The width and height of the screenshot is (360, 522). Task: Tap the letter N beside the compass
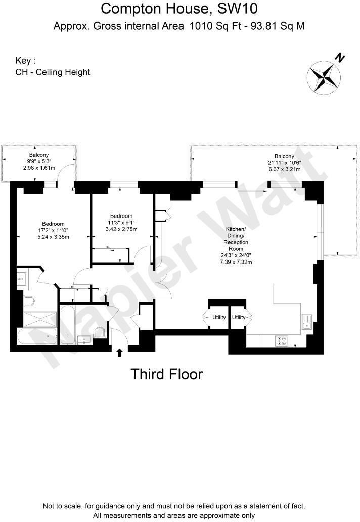point(341,58)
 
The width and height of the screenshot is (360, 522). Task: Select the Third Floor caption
point(166,374)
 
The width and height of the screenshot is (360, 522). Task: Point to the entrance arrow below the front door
point(120,353)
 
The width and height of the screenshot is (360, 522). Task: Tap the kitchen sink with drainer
point(307,321)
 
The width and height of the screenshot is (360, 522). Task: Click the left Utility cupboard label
point(219,317)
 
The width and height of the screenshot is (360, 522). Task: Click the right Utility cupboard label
point(239,317)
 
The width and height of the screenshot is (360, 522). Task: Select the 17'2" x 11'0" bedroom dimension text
point(53,230)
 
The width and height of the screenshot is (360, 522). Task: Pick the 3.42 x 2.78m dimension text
point(122,229)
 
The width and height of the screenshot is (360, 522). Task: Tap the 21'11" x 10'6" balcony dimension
point(284,162)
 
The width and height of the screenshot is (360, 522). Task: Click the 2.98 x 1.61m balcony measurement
point(38,167)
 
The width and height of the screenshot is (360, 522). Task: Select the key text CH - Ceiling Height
point(53,72)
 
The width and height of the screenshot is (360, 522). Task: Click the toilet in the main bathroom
point(101,331)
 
